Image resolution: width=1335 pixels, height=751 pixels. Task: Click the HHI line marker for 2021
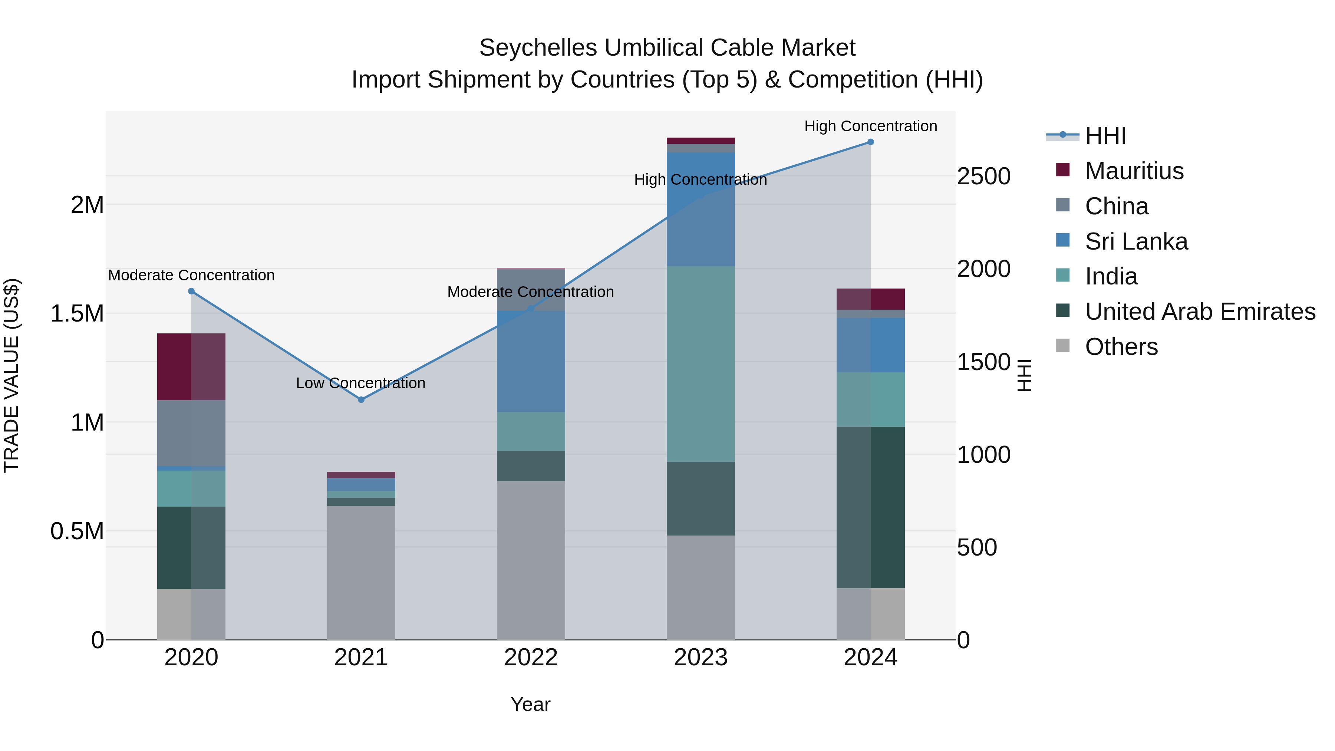[361, 399]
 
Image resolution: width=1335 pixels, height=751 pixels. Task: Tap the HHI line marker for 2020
[191, 291]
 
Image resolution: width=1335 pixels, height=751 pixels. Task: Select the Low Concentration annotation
[361, 383]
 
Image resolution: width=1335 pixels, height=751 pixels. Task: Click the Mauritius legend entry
[1134, 171]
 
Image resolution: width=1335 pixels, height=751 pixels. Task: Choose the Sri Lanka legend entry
[1136, 241]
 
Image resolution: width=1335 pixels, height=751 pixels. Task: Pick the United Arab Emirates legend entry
[1200, 312]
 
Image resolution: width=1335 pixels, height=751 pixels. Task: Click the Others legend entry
[1121, 347]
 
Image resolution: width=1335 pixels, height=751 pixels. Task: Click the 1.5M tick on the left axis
[78, 313]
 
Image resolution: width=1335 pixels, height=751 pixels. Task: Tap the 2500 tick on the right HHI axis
[983, 176]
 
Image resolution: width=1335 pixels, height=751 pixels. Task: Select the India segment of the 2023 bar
[701, 364]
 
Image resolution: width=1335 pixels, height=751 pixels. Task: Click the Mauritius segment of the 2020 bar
[191, 366]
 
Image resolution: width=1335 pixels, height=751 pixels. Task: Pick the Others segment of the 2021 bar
[361, 572]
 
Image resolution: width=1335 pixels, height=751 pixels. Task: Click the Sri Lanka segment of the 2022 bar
[531, 361]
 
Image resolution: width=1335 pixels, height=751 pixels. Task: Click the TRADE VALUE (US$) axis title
[11, 375]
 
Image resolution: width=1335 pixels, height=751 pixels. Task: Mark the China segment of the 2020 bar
[191, 433]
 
